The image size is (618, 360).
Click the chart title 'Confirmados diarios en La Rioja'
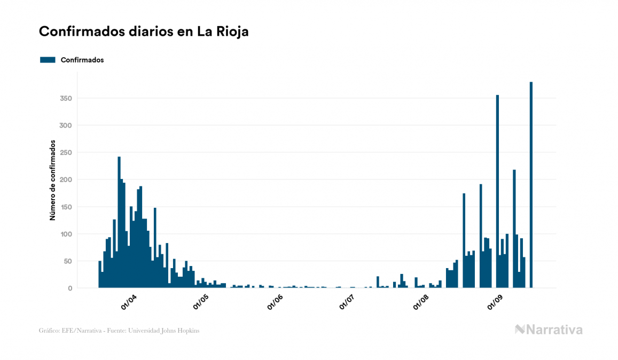click(x=144, y=32)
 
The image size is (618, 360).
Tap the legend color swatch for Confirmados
click(x=48, y=60)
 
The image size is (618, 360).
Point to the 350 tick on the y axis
click(x=66, y=98)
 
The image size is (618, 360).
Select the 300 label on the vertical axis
click(x=66, y=126)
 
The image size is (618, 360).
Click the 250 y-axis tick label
click(x=66, y=153)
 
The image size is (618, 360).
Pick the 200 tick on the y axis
click(x=66, y=180)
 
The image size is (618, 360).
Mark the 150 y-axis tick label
click(x=66, y=207)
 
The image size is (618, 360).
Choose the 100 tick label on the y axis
click(x=66, y=234)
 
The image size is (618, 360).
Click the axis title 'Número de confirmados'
click(x=53, y=180)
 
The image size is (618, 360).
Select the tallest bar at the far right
click(x=531, y=187)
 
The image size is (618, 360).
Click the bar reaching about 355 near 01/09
click(x=497, y=192)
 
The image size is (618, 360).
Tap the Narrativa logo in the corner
click(x=549, y=330)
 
